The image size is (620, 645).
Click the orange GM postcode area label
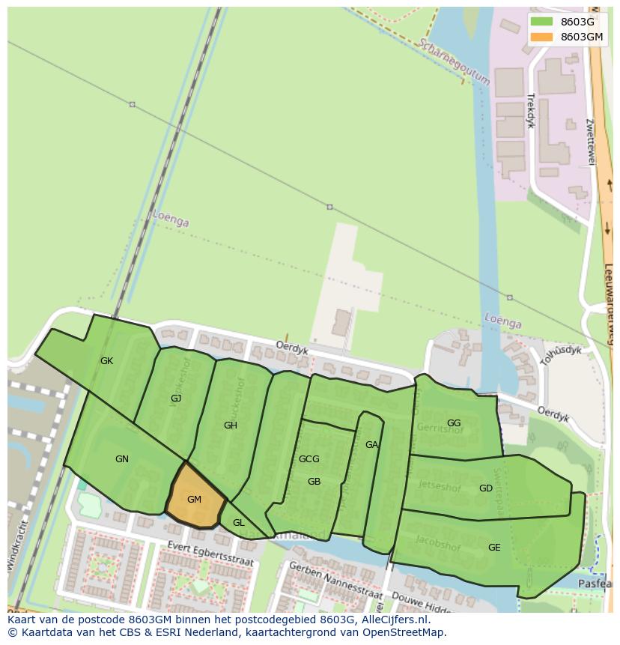click(x=194, y=500)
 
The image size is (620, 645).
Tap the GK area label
click(x=106, y=361)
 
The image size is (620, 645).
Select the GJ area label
click(x=176, y=399)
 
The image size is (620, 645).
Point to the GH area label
click(x=231, y=426)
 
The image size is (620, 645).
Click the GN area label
click(x=122, y=459)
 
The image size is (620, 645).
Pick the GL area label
click(x=239, y=523)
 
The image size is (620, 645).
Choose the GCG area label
click(x=309, y=459)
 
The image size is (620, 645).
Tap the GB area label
click(x=314, y=482)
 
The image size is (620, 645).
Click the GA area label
click(x=371, y=445)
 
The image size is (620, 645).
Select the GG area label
click(x=454, y=423)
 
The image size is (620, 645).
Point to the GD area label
click(x=486, y=488)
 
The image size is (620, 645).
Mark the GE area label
click(x=494, y=548)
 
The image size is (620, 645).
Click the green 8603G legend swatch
click(x=541, y=22)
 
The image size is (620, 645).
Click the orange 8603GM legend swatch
click(x=541, y=37)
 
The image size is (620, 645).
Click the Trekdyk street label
click(x=530, y=110)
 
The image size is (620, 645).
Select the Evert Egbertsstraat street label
click(x=211, y=554)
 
